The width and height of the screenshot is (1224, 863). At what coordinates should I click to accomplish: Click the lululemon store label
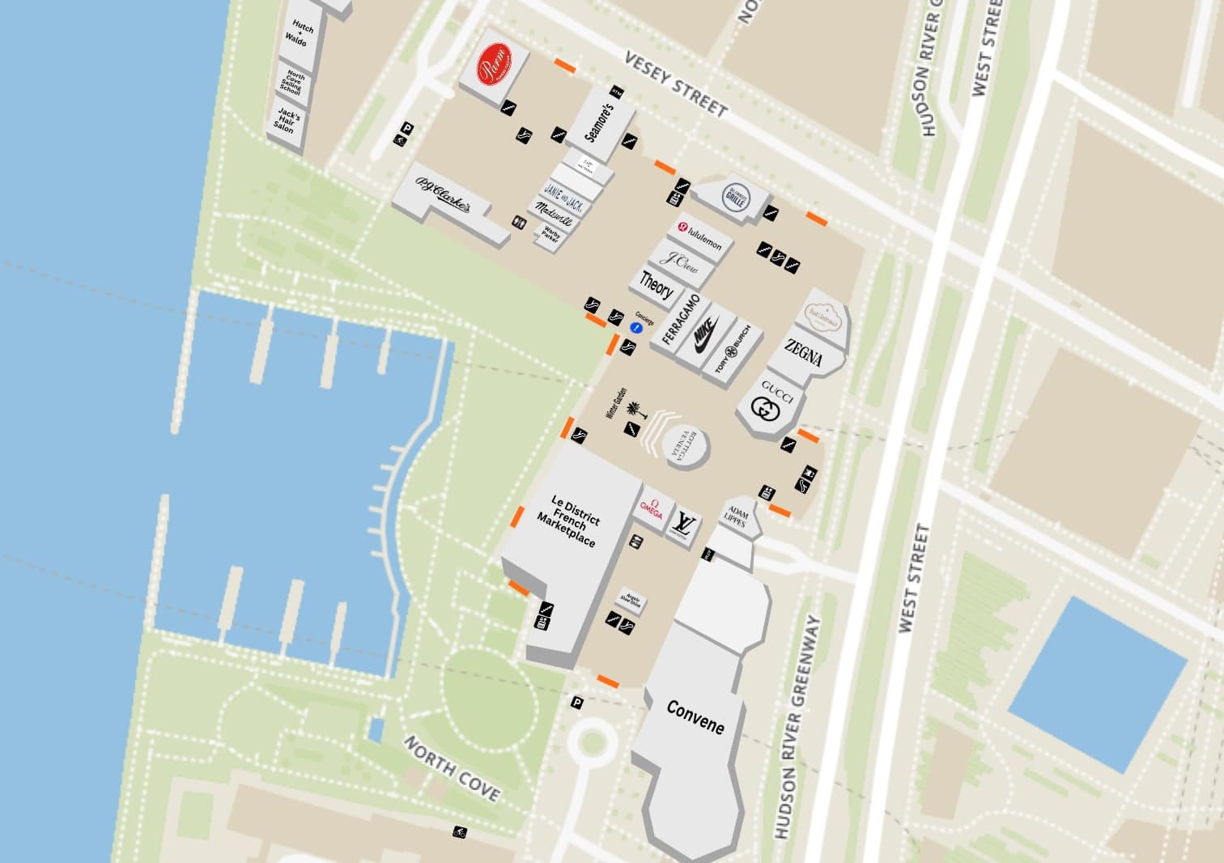tap(700, 237)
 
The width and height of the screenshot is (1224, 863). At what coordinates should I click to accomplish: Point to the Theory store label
tap(656, 285)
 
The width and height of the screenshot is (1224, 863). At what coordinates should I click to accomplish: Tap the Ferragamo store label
tap(680, 320)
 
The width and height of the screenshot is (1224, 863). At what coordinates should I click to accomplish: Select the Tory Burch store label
tap(733, 350)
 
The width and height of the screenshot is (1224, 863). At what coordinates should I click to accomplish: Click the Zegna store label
tap(803, 354)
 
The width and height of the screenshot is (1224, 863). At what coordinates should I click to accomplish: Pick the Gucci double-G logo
tap(763, 410)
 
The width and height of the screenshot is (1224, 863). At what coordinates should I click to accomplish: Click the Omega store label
tap(652, 508)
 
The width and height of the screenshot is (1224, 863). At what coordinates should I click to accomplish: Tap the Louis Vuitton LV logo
tap(683, 524)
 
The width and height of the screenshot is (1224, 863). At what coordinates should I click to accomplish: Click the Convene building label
tap(695, 716)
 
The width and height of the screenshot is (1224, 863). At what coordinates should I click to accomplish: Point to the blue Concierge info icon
tap(636, 327)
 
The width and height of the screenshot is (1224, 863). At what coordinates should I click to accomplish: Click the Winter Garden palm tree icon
tap(632, 410)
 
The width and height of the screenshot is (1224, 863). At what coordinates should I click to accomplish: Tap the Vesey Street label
tap(676, 83)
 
